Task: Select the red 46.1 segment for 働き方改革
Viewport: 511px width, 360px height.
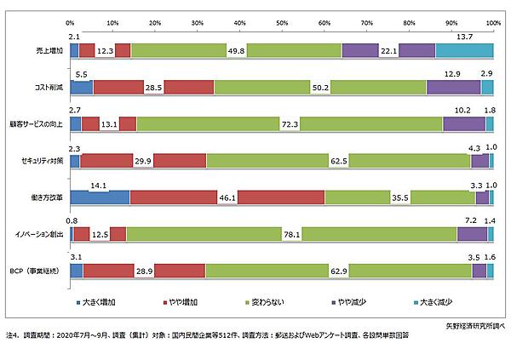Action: click(227, 197)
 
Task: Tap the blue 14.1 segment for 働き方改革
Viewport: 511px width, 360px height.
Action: click(100, 197)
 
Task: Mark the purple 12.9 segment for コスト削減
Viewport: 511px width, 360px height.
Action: click(453, 87)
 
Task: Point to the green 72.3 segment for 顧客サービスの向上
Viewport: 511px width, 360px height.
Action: click(290, 124)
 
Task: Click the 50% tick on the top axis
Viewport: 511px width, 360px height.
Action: click(282, 22)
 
